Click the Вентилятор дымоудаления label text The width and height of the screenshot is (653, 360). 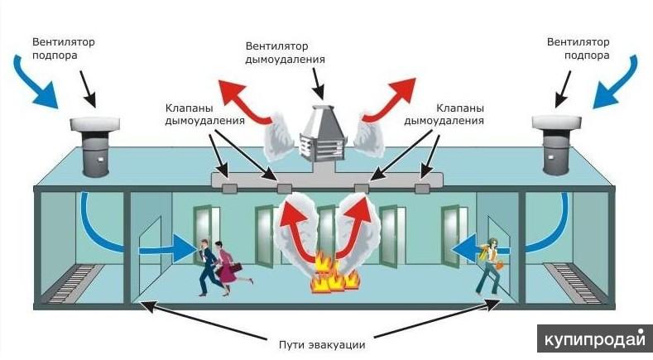point(286,51)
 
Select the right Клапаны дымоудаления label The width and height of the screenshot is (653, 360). point(444,114)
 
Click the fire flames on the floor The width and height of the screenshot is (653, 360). point(330,275)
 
